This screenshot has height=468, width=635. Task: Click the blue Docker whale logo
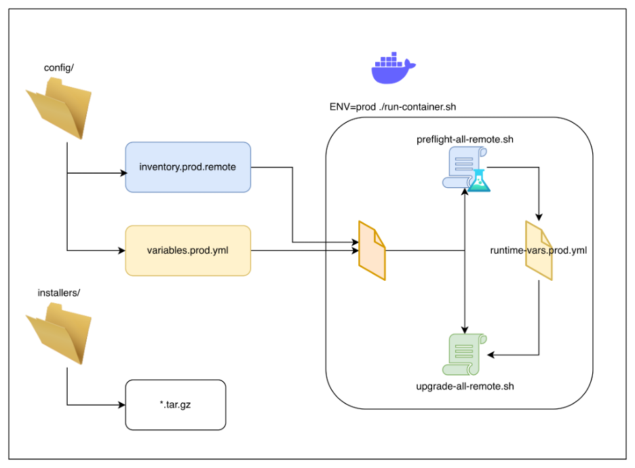coord(393,68)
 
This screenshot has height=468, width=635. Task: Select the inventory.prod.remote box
coord(188,167)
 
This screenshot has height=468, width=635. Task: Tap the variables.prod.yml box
coord(188,250)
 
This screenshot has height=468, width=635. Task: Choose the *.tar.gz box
coord(175,405)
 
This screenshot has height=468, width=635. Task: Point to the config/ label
coord(59,67)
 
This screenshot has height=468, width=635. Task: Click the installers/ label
coord(59,293)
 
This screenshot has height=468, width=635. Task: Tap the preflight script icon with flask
coord(464,170)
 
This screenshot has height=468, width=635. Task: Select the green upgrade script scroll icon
coord(464,353)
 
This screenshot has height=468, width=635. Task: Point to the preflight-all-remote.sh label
coord(464,140)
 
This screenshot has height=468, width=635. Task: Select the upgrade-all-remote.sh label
coord(464,387)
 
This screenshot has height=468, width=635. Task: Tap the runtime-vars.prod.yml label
coord(539,250)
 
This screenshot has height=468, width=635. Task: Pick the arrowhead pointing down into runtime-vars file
coord(539,217)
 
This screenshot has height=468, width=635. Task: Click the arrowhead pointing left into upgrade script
coord(493,355)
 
